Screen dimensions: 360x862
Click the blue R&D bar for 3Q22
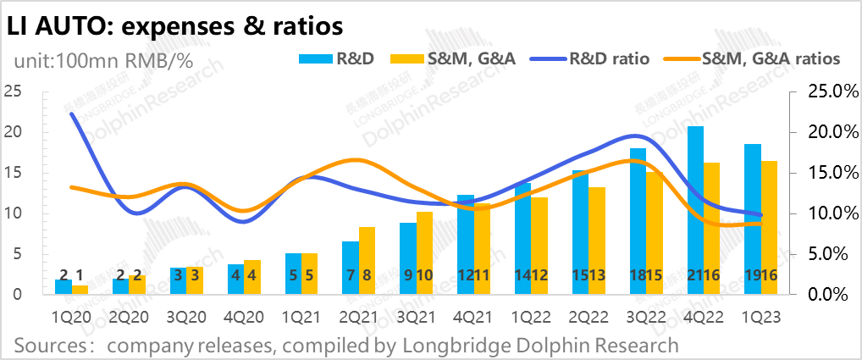point(638,221)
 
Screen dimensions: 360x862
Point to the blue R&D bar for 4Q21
point(465,245)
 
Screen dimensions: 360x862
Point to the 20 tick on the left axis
point(13,132)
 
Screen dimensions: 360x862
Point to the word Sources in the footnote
point(51,345)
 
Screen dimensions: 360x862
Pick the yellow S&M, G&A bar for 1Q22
point(539,246)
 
